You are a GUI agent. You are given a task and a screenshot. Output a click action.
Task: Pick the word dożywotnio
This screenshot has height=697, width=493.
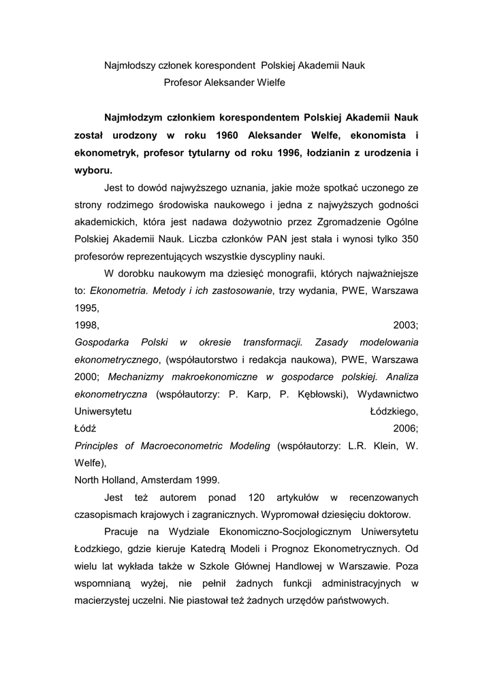point(274,222)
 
